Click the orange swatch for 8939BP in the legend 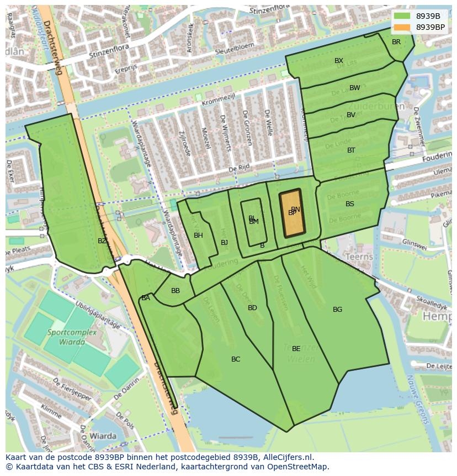click(x=402, y=27)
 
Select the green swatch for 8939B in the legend click(x=402, y=16)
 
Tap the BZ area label click(x=102, y=241)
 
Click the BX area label click(x=339, y=61)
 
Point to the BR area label click(x=396, y=42)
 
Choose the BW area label click(x=355, y=88)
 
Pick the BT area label click(x=352, y=150)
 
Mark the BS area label click(x=350, y=204)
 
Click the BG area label click(x=338, y=310)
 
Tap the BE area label click(x=296, y=349)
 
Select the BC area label click(x=236, y=359)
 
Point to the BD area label click(x=252, y=308)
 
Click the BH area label click(x=198, y=236)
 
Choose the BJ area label click(x=224, y=243)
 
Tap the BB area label click(x=176, y=291)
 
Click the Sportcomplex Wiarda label click(x=73, y=337)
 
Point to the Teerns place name click(x=358, y=257)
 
